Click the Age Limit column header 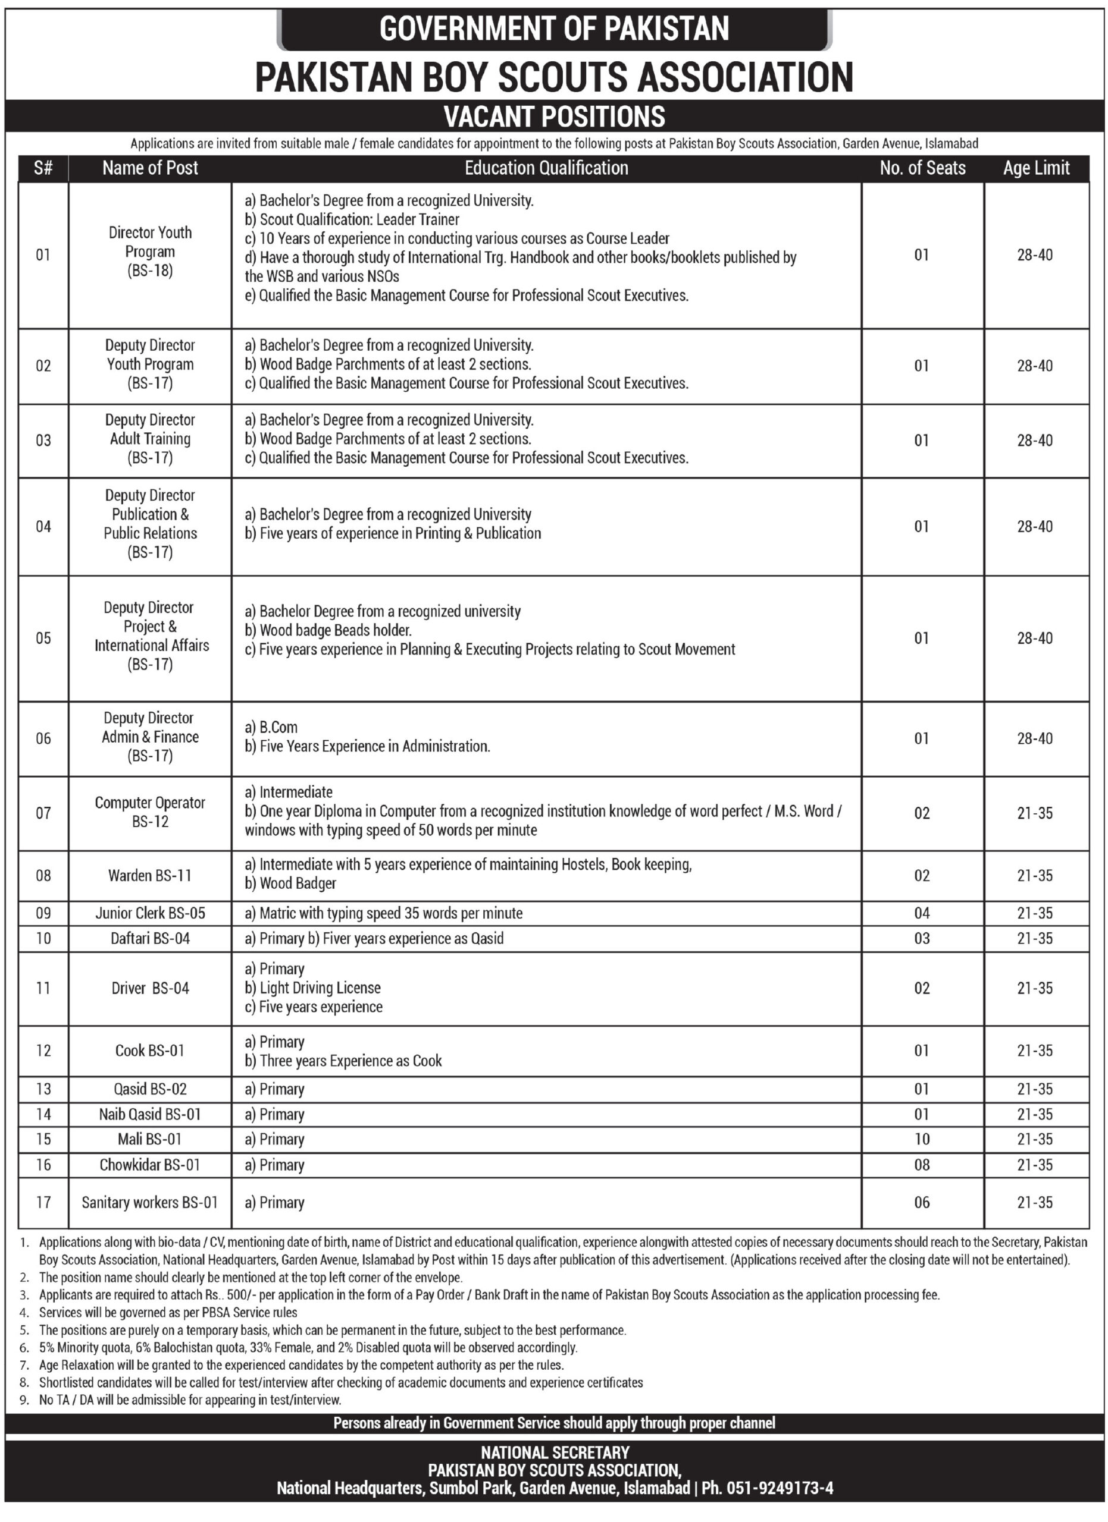1035,168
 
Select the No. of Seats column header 922,168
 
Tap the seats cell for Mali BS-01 921,1139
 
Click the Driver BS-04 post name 150,988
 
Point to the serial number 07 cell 43,813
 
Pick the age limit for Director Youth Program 1035,255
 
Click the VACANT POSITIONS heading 554,117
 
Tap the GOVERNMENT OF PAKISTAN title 554,29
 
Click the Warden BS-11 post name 150,875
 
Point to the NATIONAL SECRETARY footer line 555,1452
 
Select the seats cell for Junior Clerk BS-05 921,913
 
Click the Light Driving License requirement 313,988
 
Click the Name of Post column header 150,168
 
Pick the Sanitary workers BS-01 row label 150,1203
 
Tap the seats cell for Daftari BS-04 921,938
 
